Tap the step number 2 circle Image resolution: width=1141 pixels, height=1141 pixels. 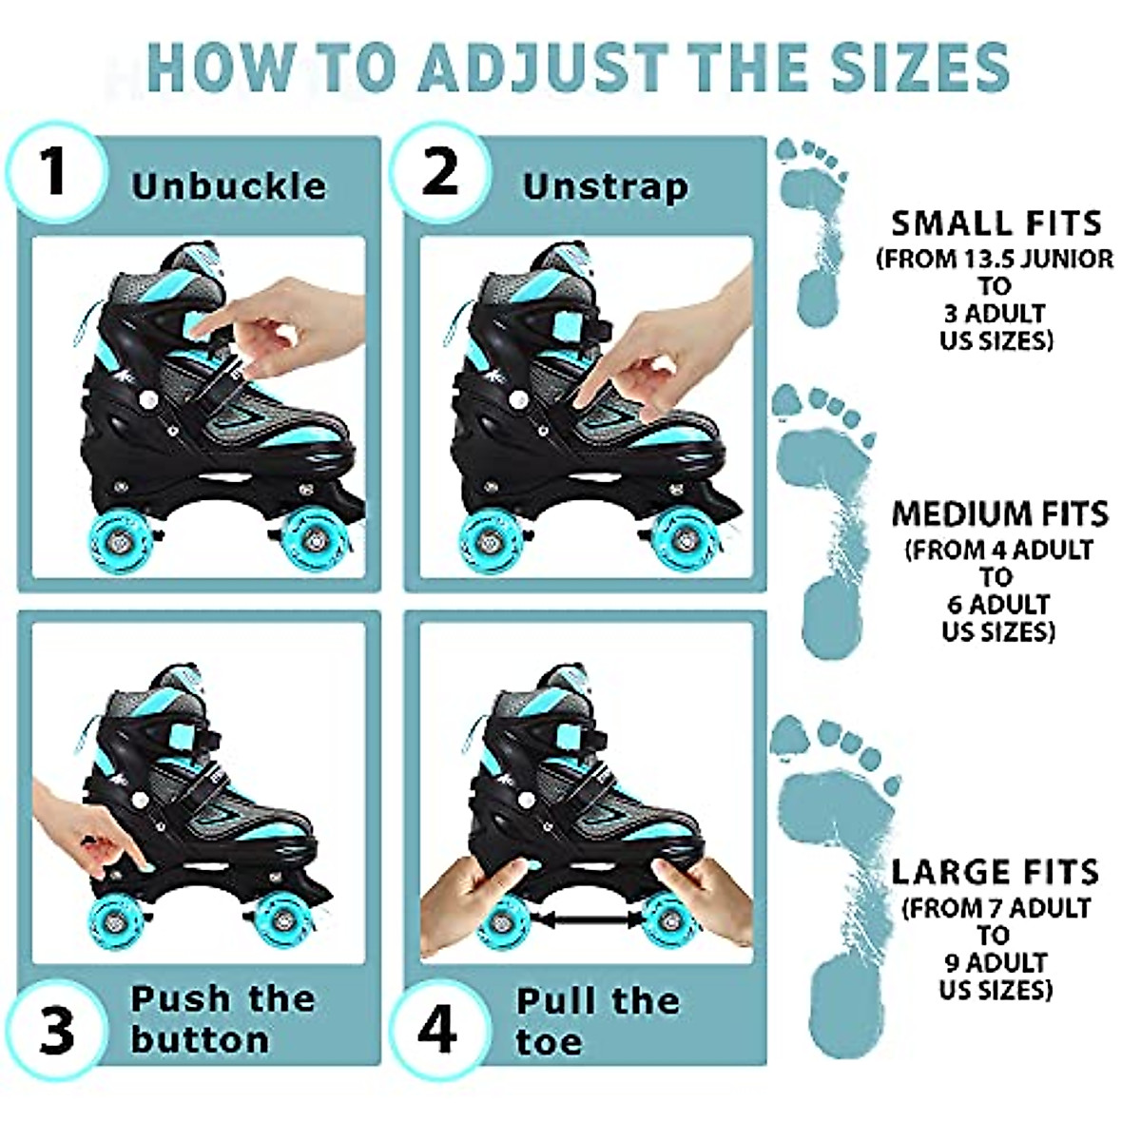tap(439, 173)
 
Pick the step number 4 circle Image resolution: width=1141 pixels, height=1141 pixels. tap(437, 1031)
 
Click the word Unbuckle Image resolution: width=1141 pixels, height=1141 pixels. tap(229, 186)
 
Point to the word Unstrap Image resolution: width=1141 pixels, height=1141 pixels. tap(606, 186)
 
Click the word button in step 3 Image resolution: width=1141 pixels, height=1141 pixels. tap(201, 1039)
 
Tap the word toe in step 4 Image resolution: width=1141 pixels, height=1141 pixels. tap(549, 1042)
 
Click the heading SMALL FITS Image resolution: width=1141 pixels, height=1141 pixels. tap(996, 223)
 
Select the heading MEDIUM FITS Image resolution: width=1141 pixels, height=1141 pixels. tap(1000, 514)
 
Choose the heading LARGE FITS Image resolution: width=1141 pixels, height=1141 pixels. tap(995, 872)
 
